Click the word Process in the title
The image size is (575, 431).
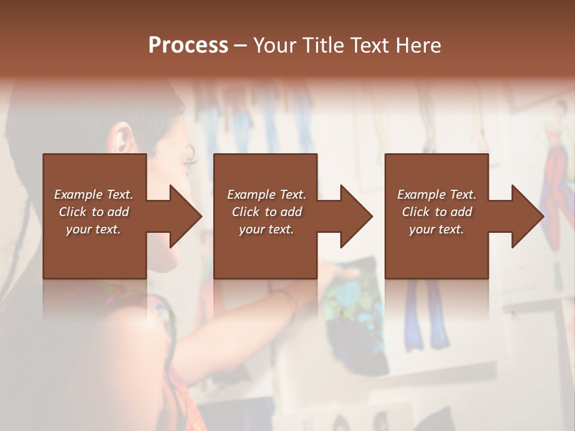tap(188, 45)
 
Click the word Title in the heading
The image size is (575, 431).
tap(323, 45)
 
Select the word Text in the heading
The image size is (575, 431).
tap(369, 45)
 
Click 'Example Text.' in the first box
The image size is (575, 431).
tap(93, 195)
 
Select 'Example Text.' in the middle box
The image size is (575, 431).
tap(267, 195)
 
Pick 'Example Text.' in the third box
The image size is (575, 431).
tap(437, 195)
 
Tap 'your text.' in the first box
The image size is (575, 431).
tap(93, 229)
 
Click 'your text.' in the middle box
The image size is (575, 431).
tap(267, 229)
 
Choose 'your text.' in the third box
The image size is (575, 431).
tap(437, 229)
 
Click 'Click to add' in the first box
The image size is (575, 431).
tap(93, 212)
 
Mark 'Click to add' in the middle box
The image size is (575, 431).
tap(267, 212)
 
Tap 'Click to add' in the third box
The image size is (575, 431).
tap(437, 212)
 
